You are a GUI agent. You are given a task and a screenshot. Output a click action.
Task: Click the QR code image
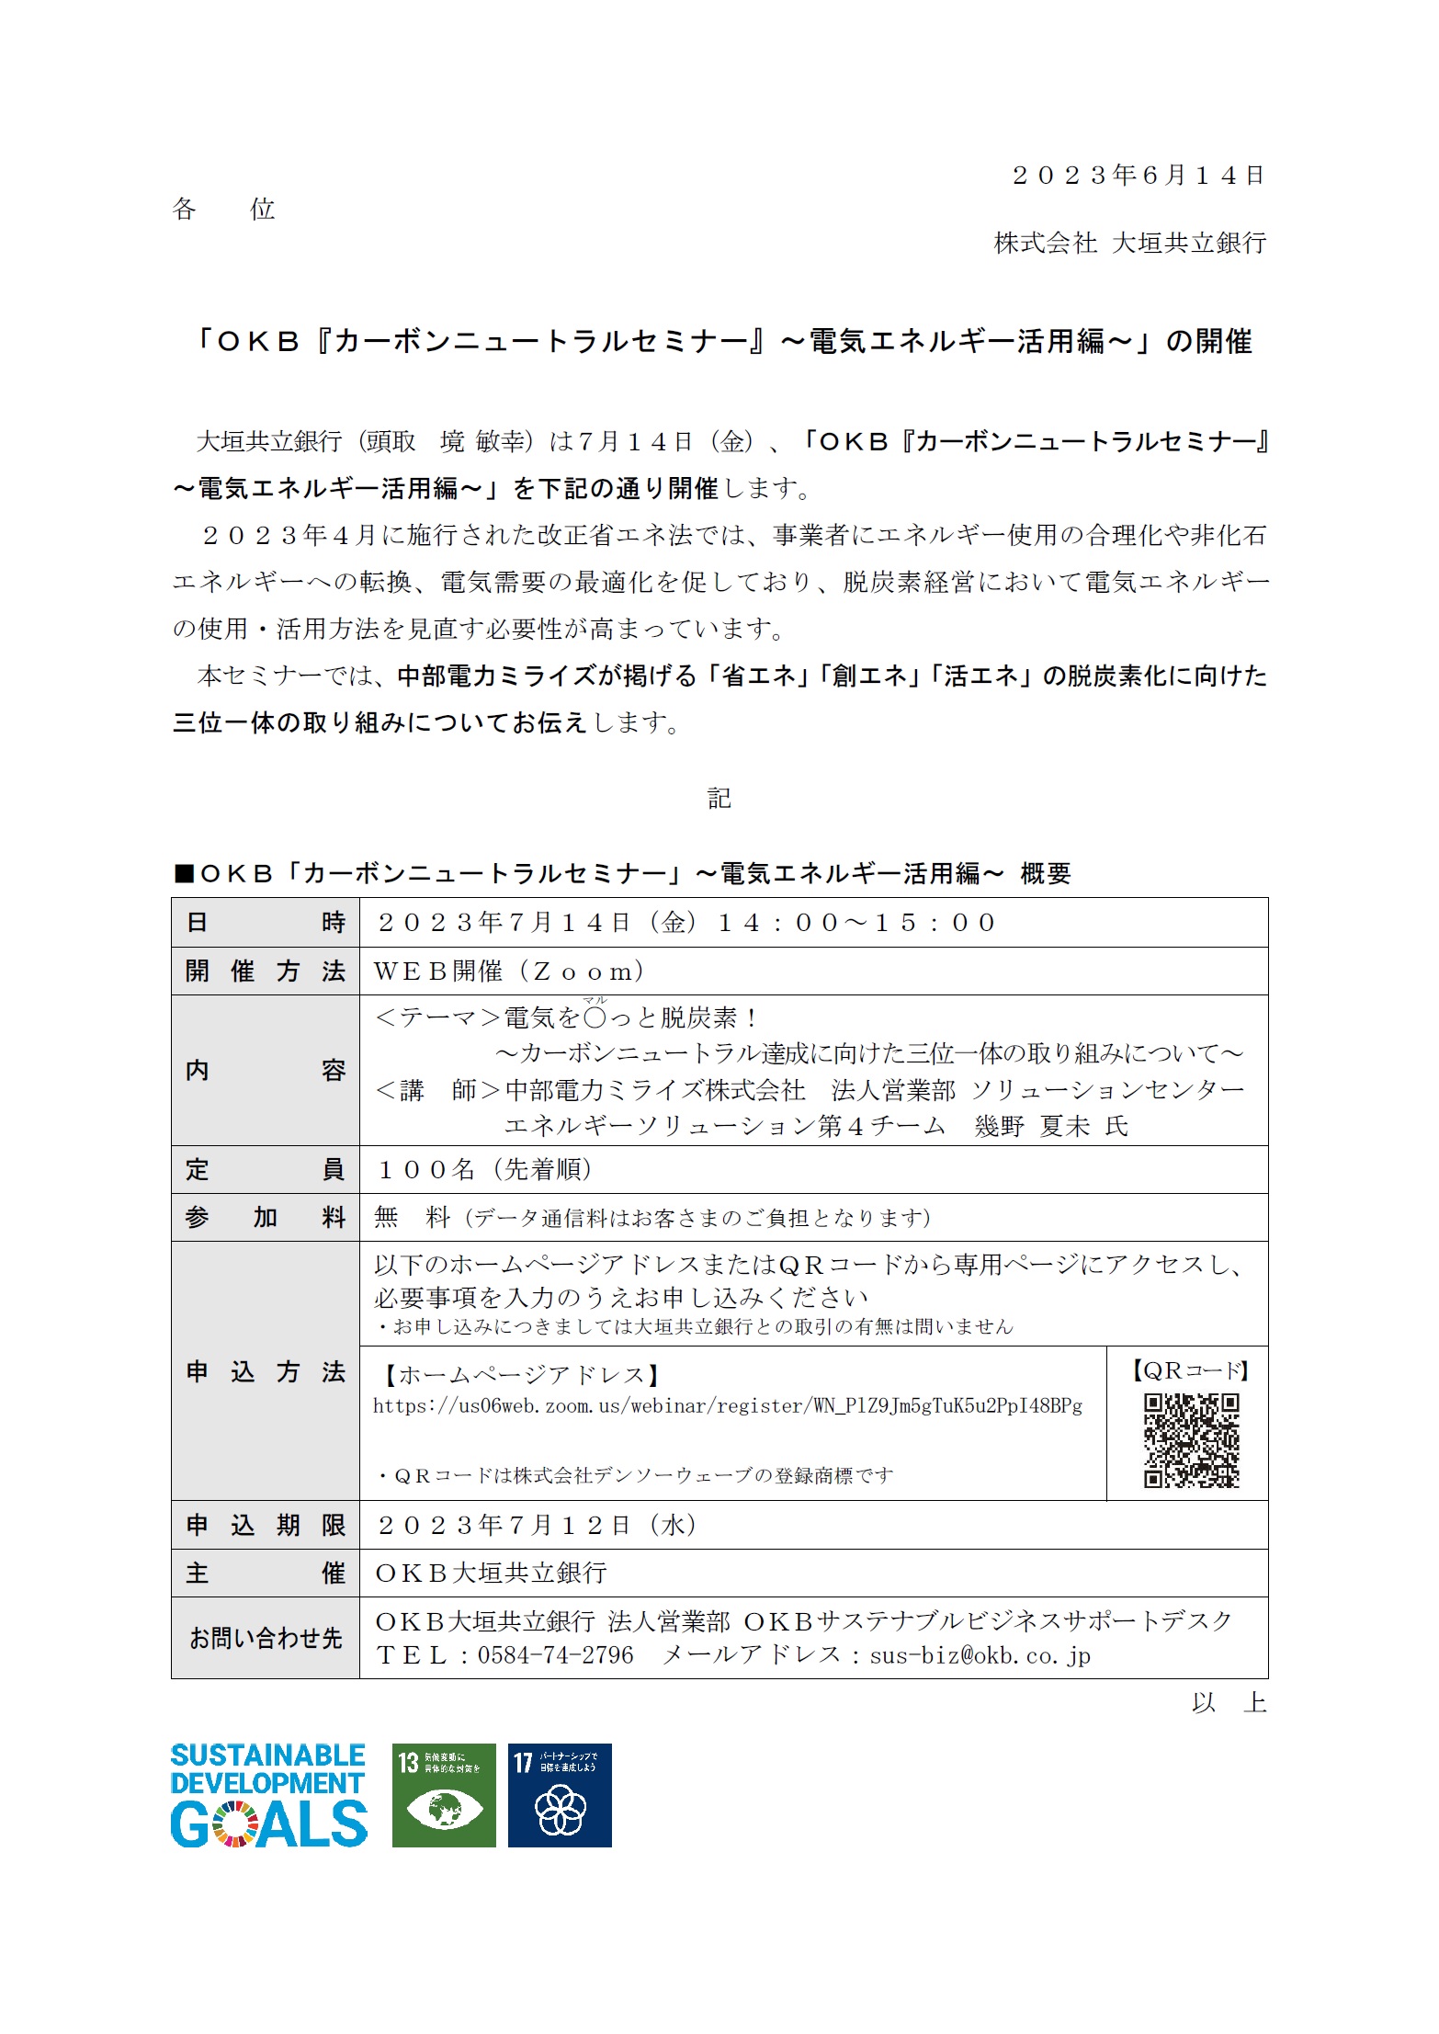pyautogui.click(x=1191, y=1440)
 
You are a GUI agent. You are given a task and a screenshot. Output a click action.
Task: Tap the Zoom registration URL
pyautogui.click(x=727, y=1406)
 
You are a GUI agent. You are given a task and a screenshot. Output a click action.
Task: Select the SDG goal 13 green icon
pyautogui.click(x=444, y=1795)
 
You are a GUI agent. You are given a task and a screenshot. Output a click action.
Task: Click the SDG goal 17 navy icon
pyautogui.click(x=560, y=1795)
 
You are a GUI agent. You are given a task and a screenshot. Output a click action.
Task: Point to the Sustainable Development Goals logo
pyautogui.click(x=268, y=1795)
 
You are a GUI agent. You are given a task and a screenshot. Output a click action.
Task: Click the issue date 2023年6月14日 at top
pyautogui.click(x=1138, y=176)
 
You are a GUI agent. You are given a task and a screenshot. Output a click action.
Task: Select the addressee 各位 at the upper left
pyautogui.click(x=223, y=210)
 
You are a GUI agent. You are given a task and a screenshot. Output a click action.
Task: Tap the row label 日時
pyautogui.click(x=265, y=923)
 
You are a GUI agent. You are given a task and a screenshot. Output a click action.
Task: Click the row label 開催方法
pyautogui.click(x=265, y=972)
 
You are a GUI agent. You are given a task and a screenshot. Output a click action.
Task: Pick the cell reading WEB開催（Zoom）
pyautogui.click(x=510, y=972)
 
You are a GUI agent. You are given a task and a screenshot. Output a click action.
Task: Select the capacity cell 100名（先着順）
pyautogui.click(x=485, y=1169)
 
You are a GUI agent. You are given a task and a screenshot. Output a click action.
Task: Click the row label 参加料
pyautogui.click(x=265, y=1218)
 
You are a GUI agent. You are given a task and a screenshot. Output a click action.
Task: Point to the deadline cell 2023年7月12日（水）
pyautogui.click(x=538, y=1525)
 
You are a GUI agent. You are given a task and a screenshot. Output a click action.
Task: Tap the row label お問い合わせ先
pyautogui.click(x=265, y=1638)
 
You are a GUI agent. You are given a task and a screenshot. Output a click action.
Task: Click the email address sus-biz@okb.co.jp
pyautogui.click(x=980, y=1655)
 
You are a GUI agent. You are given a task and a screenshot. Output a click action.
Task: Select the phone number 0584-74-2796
pyautogui.click(x=555, y=1655)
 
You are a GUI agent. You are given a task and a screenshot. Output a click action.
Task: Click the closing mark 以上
pyautogui.click(x=1229, y=1703)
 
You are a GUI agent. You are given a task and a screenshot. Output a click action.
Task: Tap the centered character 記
pyautogui.click(x=719, y=798)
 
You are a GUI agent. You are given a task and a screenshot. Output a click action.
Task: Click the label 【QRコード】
pyautogui.click(x=1190, y=1371)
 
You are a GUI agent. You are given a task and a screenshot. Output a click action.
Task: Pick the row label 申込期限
pyautogui.click(x=265, y=1525)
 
